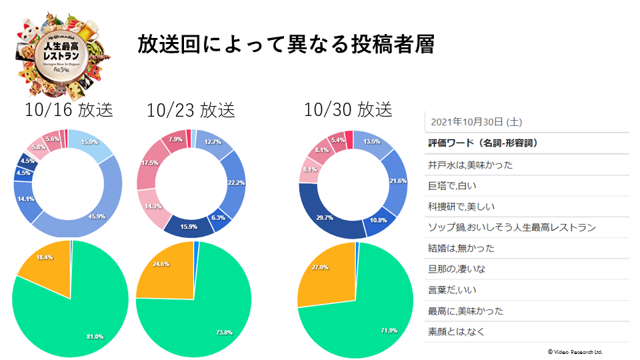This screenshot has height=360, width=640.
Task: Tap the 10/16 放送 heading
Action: (69, 109)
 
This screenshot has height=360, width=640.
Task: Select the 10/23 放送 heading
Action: (191, 110)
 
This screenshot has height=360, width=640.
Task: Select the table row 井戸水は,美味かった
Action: (471, 165)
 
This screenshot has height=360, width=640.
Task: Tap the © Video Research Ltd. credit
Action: (575, 351)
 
